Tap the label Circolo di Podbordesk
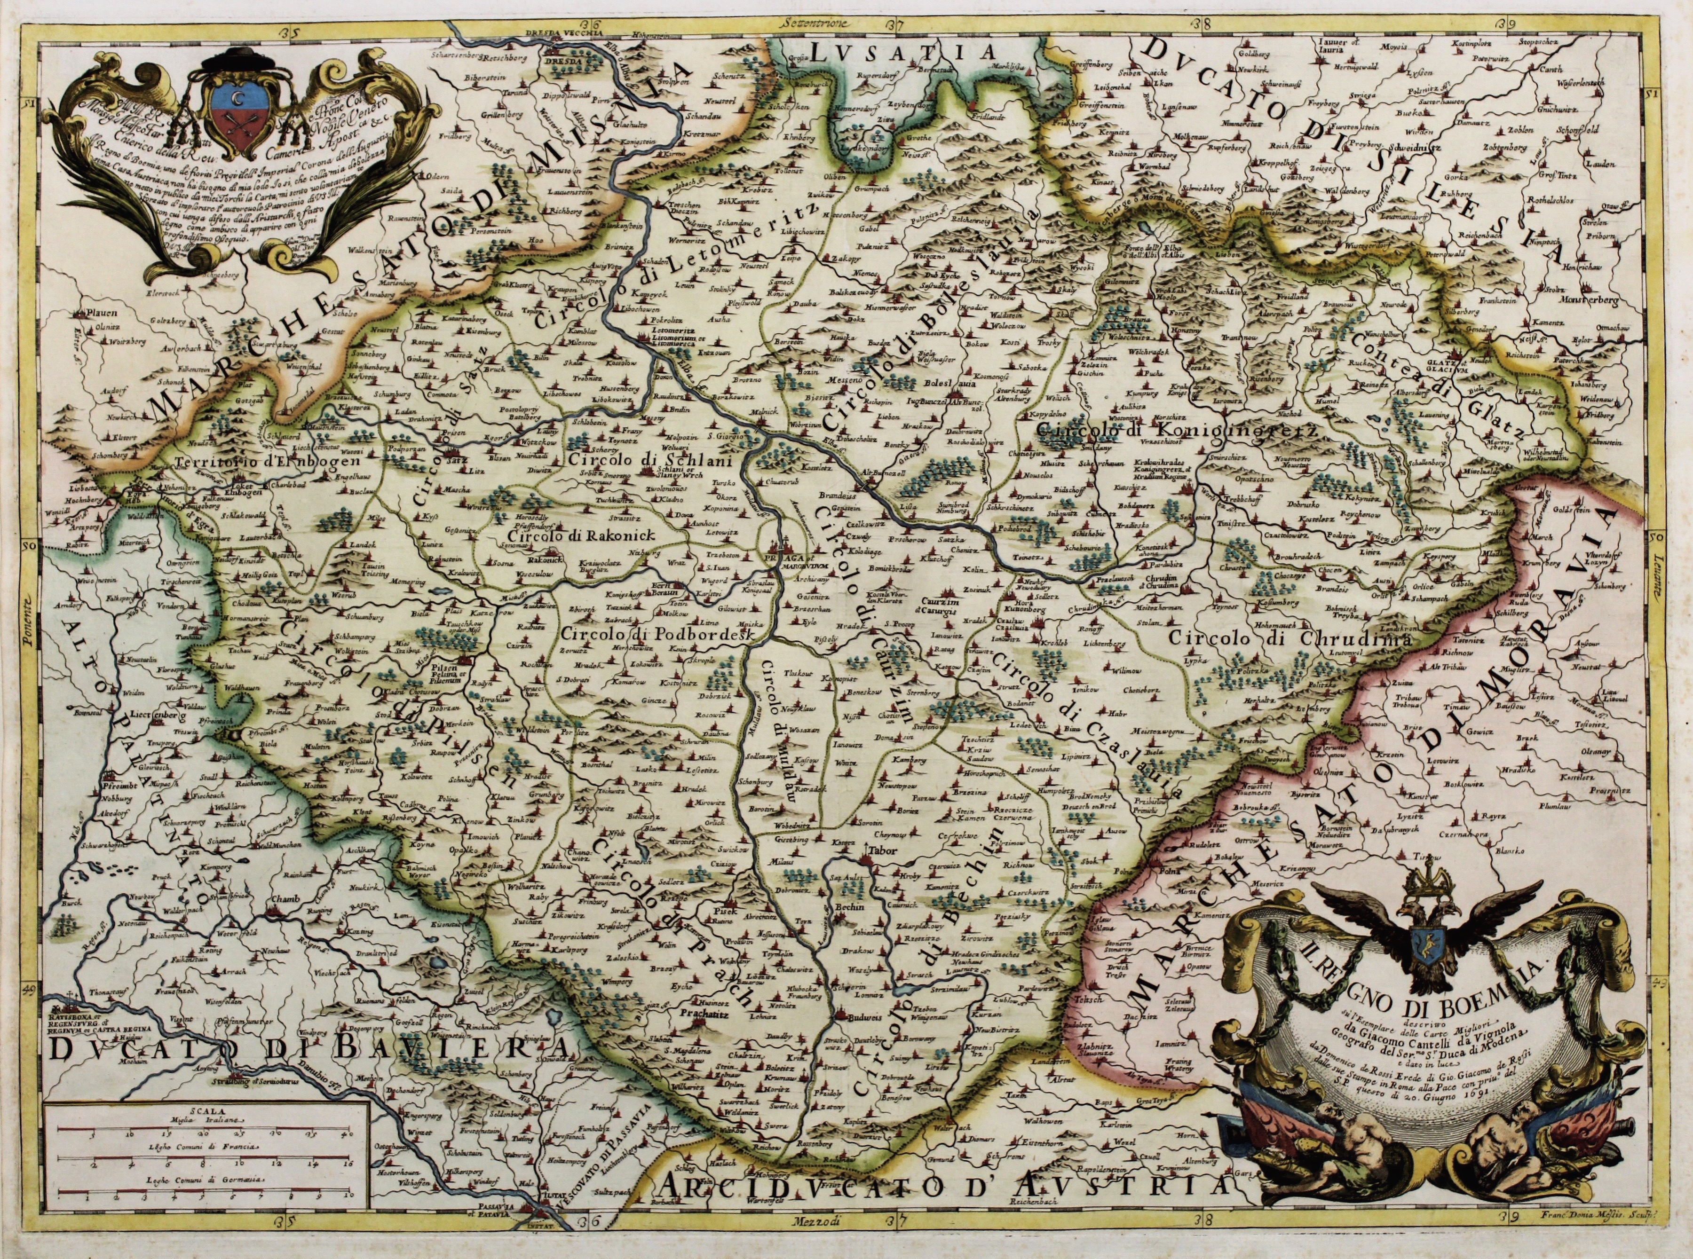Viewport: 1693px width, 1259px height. click(656, 635)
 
